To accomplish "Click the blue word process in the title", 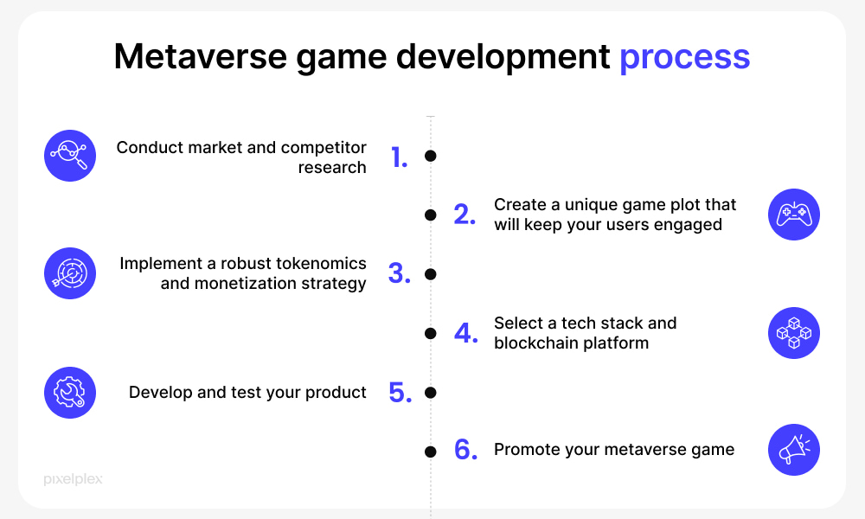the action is (x=684, y=58).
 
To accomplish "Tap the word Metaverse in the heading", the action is (x=201, y=56).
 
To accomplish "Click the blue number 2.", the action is (x=465, y=215).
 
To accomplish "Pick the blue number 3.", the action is (x=400, y=273).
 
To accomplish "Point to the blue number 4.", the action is (x=465, y=333).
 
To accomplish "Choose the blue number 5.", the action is (x=400, y=393).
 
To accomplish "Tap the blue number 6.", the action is (x=465, y=450).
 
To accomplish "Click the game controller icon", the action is (x=794, y=215).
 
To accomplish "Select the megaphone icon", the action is (x=794, y=450).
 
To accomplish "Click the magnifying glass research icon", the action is (x=70, y=156).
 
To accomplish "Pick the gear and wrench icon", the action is (x=70, y=393).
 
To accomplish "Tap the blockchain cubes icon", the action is (x=794, y=333).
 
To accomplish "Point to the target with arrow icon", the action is (x=70, y=273).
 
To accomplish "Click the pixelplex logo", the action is (x=73, y=479).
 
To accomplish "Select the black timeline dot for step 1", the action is (x=431, y=156).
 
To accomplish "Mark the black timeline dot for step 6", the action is (x=431, y=452).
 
